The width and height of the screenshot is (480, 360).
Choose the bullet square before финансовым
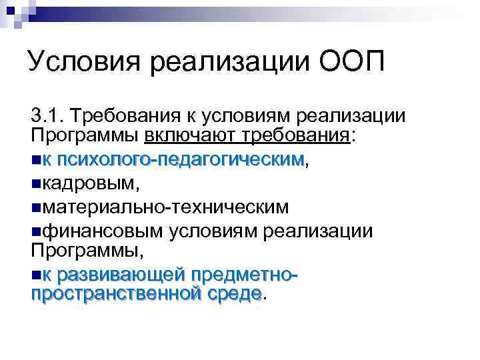[x=35, y=231]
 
